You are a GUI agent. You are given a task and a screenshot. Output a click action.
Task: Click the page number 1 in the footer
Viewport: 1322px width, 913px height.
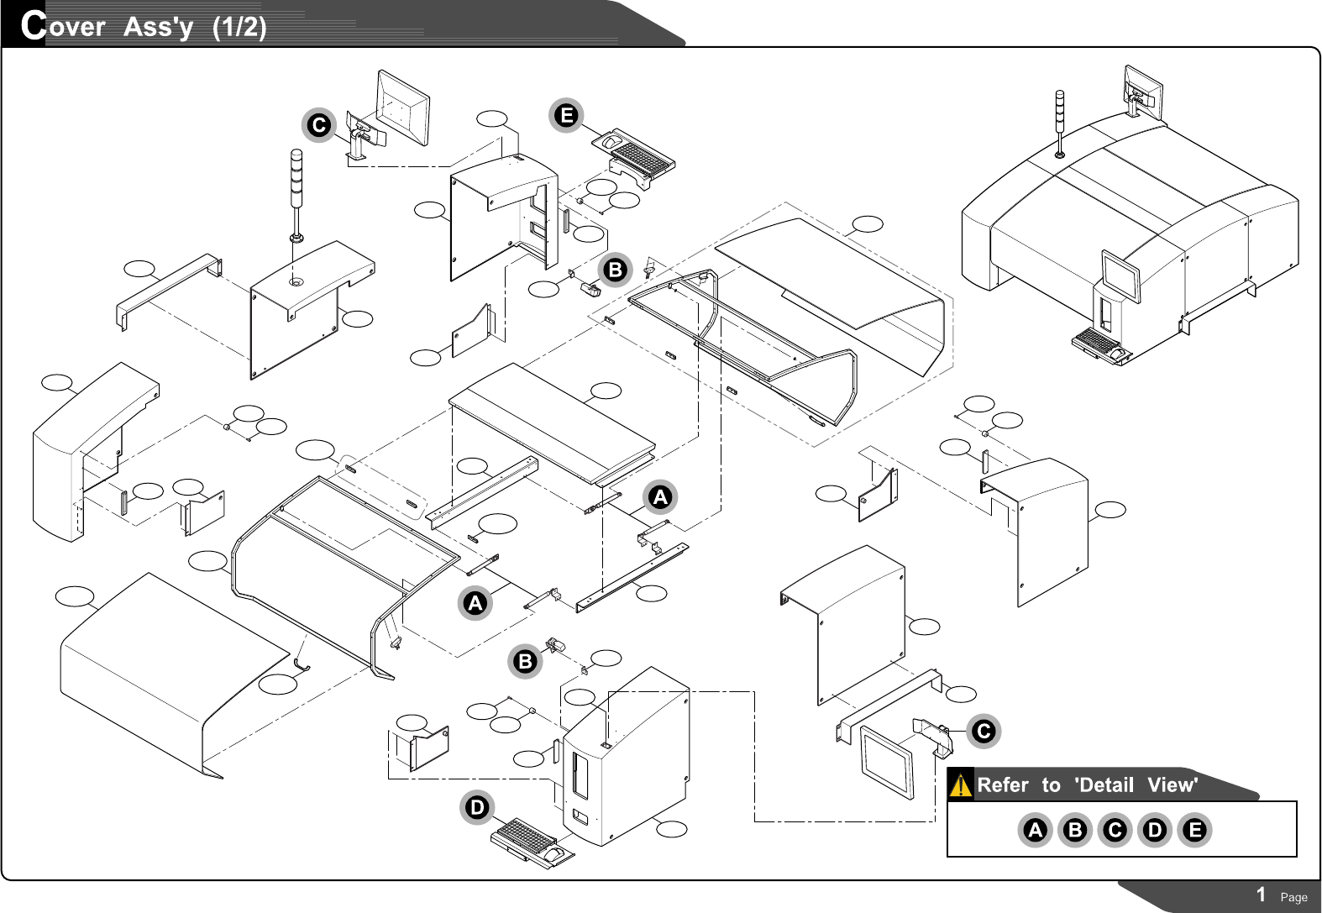(1261, 895)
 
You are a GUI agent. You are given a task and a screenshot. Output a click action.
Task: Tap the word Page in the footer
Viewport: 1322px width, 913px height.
(1293, 897)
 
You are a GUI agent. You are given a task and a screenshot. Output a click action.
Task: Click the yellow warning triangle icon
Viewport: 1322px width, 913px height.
(960, 785)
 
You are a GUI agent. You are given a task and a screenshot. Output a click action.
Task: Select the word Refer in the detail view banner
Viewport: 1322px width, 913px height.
(1003, 785)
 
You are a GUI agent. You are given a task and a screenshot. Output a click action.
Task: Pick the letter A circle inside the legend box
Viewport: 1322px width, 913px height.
(1035, 830)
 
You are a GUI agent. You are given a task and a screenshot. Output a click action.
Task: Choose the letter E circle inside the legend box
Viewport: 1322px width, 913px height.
(1194, 830)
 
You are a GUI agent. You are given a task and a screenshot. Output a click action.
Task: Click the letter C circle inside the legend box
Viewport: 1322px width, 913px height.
(1115, 830)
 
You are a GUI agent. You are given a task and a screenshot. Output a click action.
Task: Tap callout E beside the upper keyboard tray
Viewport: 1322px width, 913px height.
(567, 115)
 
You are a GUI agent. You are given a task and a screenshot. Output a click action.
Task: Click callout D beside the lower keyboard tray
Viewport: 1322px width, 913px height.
(476, 808)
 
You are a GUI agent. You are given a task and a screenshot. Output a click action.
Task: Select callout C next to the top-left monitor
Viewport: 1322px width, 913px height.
(319, 125)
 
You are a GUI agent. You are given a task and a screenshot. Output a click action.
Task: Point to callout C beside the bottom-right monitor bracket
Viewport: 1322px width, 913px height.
(983, 731)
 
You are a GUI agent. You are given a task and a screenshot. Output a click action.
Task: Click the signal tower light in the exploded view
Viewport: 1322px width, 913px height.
(296, 193)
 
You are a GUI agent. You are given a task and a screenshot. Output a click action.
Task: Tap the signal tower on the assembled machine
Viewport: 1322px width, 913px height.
(1060, 122)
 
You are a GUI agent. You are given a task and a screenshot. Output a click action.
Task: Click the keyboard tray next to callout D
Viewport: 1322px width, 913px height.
(533, 842)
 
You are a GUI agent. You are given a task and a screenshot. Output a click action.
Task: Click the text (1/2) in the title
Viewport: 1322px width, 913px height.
(239, 27)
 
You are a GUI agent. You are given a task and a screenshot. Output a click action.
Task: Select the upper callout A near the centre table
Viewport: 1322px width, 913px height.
(660, 497)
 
